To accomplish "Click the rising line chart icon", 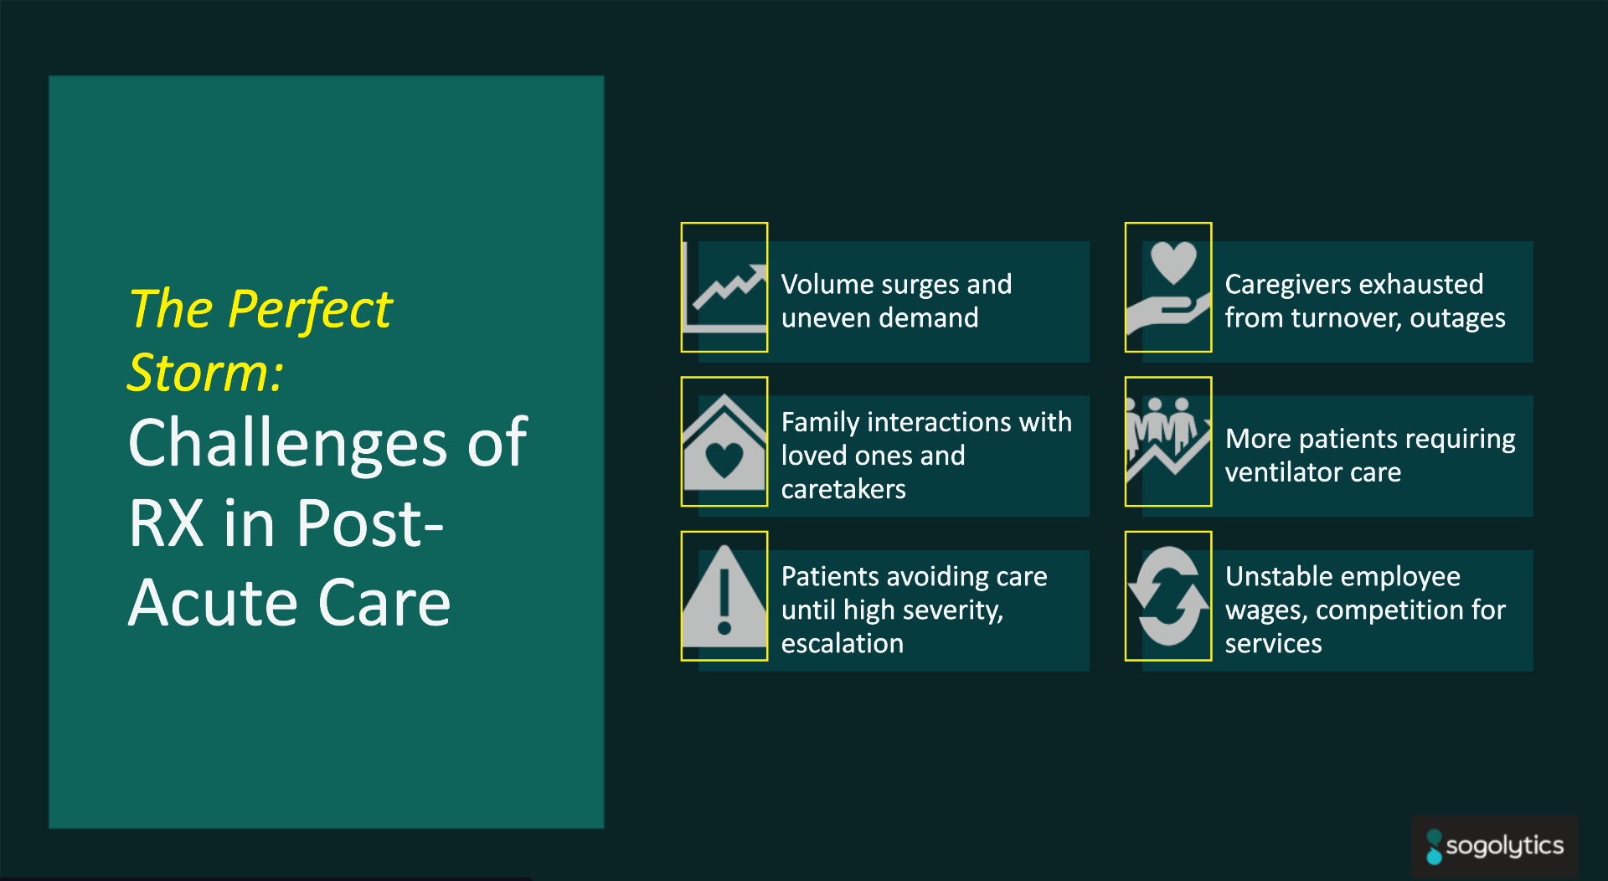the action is [724, 289].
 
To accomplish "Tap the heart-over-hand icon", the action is [1168, 289].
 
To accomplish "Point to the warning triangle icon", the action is [724, 596].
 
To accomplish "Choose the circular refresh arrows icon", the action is [1168, 596].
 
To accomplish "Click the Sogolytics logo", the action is [1495, 847].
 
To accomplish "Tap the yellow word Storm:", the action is [206, 372].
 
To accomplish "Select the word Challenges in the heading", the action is [287, 444].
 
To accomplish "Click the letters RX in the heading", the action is [166, 524].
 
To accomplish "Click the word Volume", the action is [827, 285].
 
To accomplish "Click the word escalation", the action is [843, 643].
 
